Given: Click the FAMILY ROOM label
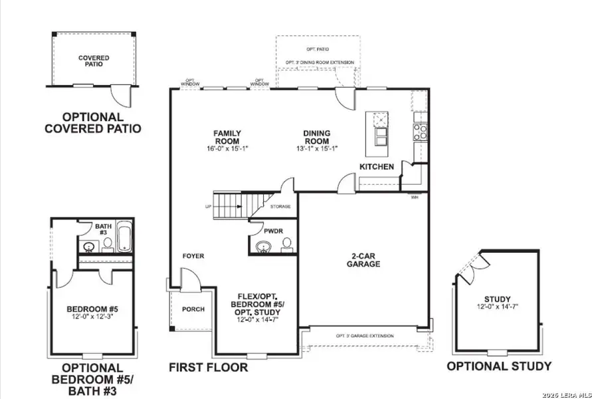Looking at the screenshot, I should tap(227, 136).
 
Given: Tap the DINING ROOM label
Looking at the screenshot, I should tap(316, 137).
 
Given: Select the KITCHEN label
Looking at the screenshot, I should tap(377, 166).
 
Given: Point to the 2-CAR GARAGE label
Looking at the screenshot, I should tap(363, 259).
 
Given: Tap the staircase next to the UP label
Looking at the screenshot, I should tap(233, 205).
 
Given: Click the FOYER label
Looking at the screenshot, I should tap(193, 256).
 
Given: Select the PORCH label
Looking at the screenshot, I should tap(193, 309).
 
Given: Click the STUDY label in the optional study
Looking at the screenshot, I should tap(497, 299).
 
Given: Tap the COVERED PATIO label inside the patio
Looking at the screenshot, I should tap(94, 61).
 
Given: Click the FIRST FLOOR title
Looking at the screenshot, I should tap(208, 367).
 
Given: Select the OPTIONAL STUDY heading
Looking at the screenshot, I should tap(498, 366).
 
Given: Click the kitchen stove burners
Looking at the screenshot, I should tap(420, 132).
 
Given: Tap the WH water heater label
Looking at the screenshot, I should tap(415, 197).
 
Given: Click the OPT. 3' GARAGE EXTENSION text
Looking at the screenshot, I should tap(364, 336).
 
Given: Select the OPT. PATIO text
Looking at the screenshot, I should tap(316, 50).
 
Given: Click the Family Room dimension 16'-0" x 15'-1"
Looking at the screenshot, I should tap(227, 148).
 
